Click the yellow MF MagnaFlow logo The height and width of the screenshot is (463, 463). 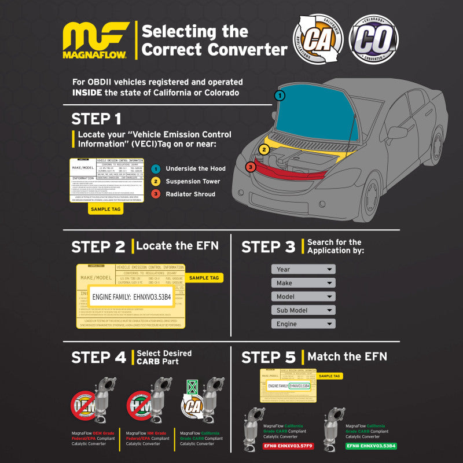(x=96, y=40)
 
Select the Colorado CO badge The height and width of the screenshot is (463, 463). (x=374, y=39)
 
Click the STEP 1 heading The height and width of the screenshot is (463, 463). (x=96, y=119)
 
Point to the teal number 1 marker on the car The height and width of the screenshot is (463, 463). (x=280, y=95)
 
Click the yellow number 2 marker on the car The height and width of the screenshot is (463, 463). (x=264, y=150)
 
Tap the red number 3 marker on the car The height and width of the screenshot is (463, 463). (x=250, y=167)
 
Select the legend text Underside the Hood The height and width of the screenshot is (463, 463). (x=196, y=168)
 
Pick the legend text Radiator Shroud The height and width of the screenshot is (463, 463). (x=190, y=194)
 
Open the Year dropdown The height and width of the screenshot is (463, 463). (x=303, y=269)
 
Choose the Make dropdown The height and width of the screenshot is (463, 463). (x=303, y=282)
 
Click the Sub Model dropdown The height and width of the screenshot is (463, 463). (x=303, y=310)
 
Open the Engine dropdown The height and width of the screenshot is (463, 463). (x=303, y=324)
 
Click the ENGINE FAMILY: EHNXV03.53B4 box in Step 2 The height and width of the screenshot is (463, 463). (x=132, y=297)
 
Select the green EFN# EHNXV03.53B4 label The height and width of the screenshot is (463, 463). (x=371, y=446)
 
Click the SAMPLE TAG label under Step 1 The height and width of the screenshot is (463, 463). (x=106, y=210)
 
